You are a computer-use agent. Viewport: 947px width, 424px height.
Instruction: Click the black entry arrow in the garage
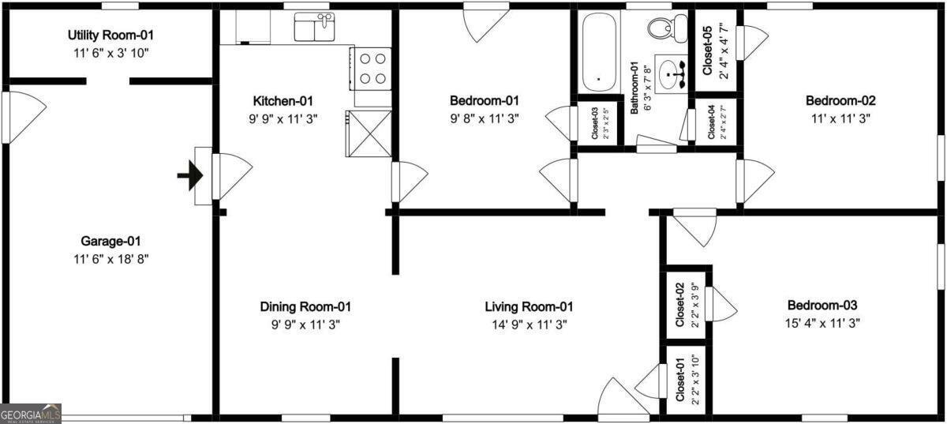pos(189,177)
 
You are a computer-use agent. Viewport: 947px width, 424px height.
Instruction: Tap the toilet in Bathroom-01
pos(659,28)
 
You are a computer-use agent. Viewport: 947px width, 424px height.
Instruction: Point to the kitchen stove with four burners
pos(371,68)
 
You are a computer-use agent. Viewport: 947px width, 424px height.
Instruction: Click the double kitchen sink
pos(314,28)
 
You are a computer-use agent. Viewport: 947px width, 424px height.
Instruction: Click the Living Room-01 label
pos(528,306)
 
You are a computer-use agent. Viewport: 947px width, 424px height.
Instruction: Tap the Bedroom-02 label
pos(840,100)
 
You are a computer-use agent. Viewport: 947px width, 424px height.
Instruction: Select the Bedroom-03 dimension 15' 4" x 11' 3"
pos(822,322)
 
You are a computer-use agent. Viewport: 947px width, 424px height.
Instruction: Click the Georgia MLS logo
pos(30,414)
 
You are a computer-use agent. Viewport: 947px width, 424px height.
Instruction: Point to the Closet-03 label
pos(595,122)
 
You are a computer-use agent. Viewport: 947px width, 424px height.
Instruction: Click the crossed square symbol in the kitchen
pos(369,133)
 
